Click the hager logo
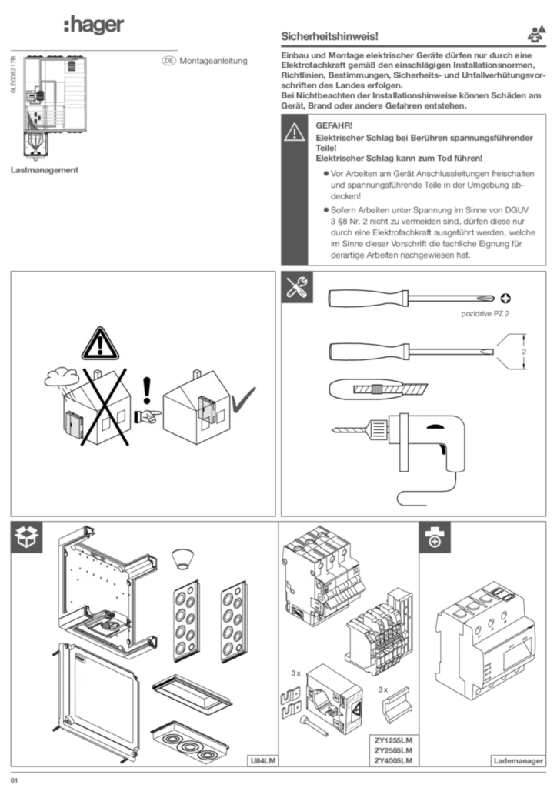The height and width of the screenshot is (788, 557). click(94, 25)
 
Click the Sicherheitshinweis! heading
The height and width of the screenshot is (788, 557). click(329, 36)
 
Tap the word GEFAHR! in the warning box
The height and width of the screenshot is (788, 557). click(334, 125)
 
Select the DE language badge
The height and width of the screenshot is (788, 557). click(168, 61)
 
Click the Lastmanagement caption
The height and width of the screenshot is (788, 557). click(45, 170)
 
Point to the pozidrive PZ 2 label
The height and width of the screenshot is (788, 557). click(485, 314)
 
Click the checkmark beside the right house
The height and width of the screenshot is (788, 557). click(242, 400)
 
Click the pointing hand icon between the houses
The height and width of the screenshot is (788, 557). click(148, 416)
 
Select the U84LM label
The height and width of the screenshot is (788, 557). click(262, 761)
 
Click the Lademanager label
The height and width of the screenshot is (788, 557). click(519, 761)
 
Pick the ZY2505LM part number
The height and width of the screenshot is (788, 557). click(393, 750)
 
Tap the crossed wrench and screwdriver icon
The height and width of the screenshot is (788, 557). click(297, 288)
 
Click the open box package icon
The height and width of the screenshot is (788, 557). click(27, 537)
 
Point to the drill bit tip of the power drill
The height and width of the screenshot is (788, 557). click(332, 429)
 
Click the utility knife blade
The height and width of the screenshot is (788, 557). click(391, 389)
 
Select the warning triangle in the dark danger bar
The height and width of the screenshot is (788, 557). click(295, 132)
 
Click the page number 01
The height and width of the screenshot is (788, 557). click(14, 780)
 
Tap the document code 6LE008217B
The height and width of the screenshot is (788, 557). click(14, 75)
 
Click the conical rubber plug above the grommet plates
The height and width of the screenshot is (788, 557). click(182, 559)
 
